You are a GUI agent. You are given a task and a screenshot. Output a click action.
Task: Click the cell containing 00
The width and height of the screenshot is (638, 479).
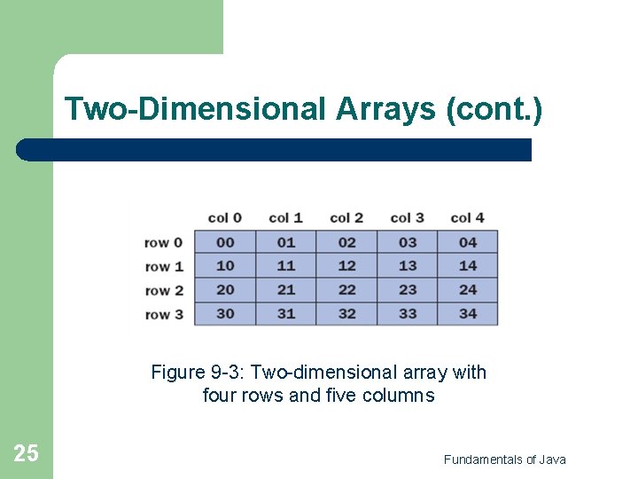pyautogui.click(x=225, y=242)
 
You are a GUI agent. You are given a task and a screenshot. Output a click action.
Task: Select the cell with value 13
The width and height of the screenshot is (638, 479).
pyautogui.click(x=408, y=266)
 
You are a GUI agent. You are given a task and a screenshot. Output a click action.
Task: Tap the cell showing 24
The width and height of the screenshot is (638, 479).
pyautogui.click(x=468, y=290)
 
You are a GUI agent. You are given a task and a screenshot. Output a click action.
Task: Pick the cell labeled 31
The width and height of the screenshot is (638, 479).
pyautogui.click(x=286, y=314)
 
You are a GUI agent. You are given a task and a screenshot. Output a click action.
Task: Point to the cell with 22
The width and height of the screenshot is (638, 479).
pyautogui.click(x=346, y=290)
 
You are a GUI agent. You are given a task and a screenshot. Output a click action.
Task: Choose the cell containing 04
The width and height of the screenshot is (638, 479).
pyautogui.click(x=468, y=242)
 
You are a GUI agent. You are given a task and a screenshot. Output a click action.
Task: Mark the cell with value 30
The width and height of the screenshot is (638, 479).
pyautogui.click(x=225, y=314)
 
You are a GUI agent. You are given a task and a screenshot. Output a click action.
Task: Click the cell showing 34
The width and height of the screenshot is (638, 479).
pyautogui.click(x=468, y=314)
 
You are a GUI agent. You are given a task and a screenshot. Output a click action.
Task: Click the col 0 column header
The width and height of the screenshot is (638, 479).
pyautogui.click(x=225, y=218)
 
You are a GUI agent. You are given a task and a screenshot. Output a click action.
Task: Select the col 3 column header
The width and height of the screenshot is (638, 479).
pyautogui.click(x=408, y=218)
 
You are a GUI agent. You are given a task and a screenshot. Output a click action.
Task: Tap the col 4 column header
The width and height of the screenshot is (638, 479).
pyautogui.click(x=468, y=218)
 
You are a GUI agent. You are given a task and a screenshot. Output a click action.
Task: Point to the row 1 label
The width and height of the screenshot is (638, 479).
pyautogui.click(x=164, y=266)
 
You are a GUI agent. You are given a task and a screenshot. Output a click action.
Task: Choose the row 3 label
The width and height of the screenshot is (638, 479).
pyautogui.click(x=164, y=314)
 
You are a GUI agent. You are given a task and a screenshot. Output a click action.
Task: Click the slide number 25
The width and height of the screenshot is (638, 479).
pyautogui.click(x=26, y=454)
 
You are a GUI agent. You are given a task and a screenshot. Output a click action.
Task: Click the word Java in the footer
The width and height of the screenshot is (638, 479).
pyautogui.click(x=553, y=459)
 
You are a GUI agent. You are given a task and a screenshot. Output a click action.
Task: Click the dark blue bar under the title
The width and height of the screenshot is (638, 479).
pyautogui.click(x=275, y=150)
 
